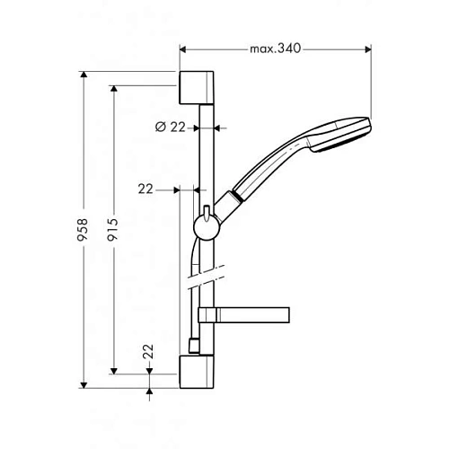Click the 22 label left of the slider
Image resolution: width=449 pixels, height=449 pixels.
click(146, 189)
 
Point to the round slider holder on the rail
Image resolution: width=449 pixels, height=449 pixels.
click(206, 224)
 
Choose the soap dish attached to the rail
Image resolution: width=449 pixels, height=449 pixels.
click(248, 313)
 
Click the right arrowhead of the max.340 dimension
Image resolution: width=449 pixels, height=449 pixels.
click(367, 48)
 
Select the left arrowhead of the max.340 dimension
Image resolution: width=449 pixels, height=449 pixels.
click(183, 48)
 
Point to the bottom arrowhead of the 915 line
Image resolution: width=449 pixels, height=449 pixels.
click(114, 369)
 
